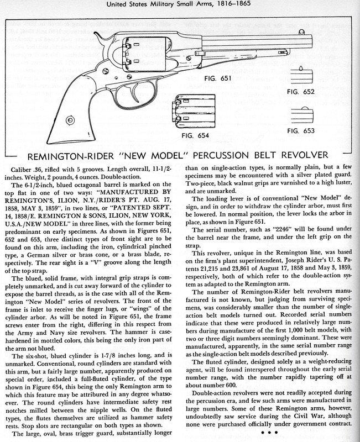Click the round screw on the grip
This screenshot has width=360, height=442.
[x=70, y=120]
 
